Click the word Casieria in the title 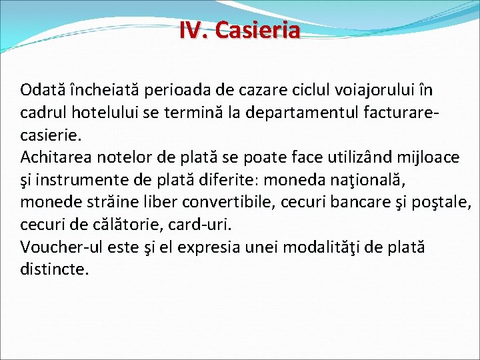tap(259, 30)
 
